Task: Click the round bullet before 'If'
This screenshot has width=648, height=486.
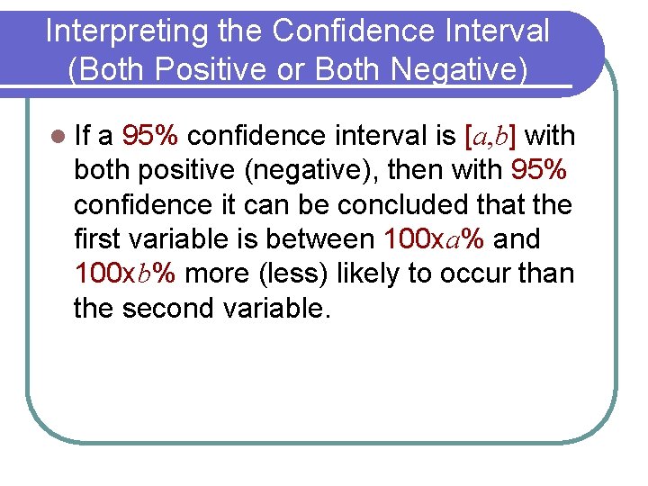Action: [58, 137]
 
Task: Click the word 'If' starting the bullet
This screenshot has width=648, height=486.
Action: [83, 137]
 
